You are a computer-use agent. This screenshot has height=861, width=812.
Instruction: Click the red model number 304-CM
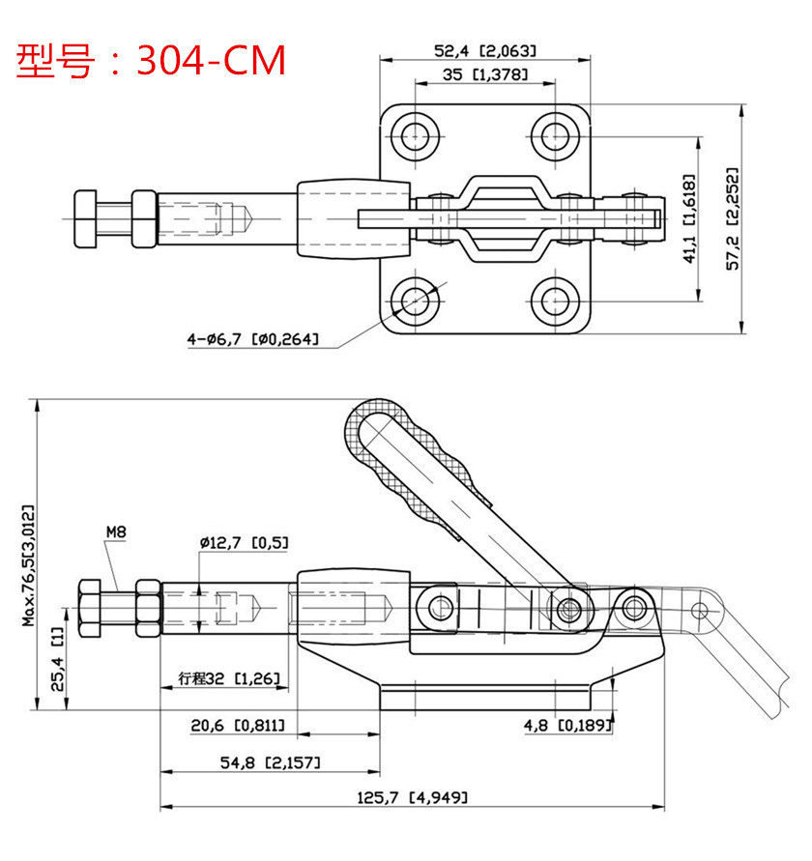(x=211, y=60)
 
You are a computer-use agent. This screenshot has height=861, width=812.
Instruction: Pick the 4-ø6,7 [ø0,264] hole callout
(x=252, y=339)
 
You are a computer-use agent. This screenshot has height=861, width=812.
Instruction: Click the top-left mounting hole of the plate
(x=415, y=135)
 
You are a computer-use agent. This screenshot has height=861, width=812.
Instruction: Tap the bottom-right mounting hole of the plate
(x=556, y=301)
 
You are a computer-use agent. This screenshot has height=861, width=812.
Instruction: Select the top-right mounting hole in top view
(x=556, y=135)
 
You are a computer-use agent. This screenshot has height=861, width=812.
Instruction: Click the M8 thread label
(x=116, y=532)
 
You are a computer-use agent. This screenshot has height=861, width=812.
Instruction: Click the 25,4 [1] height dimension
(x=58, y=659)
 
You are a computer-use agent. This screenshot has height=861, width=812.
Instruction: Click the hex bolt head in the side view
(x=90, y=609)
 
